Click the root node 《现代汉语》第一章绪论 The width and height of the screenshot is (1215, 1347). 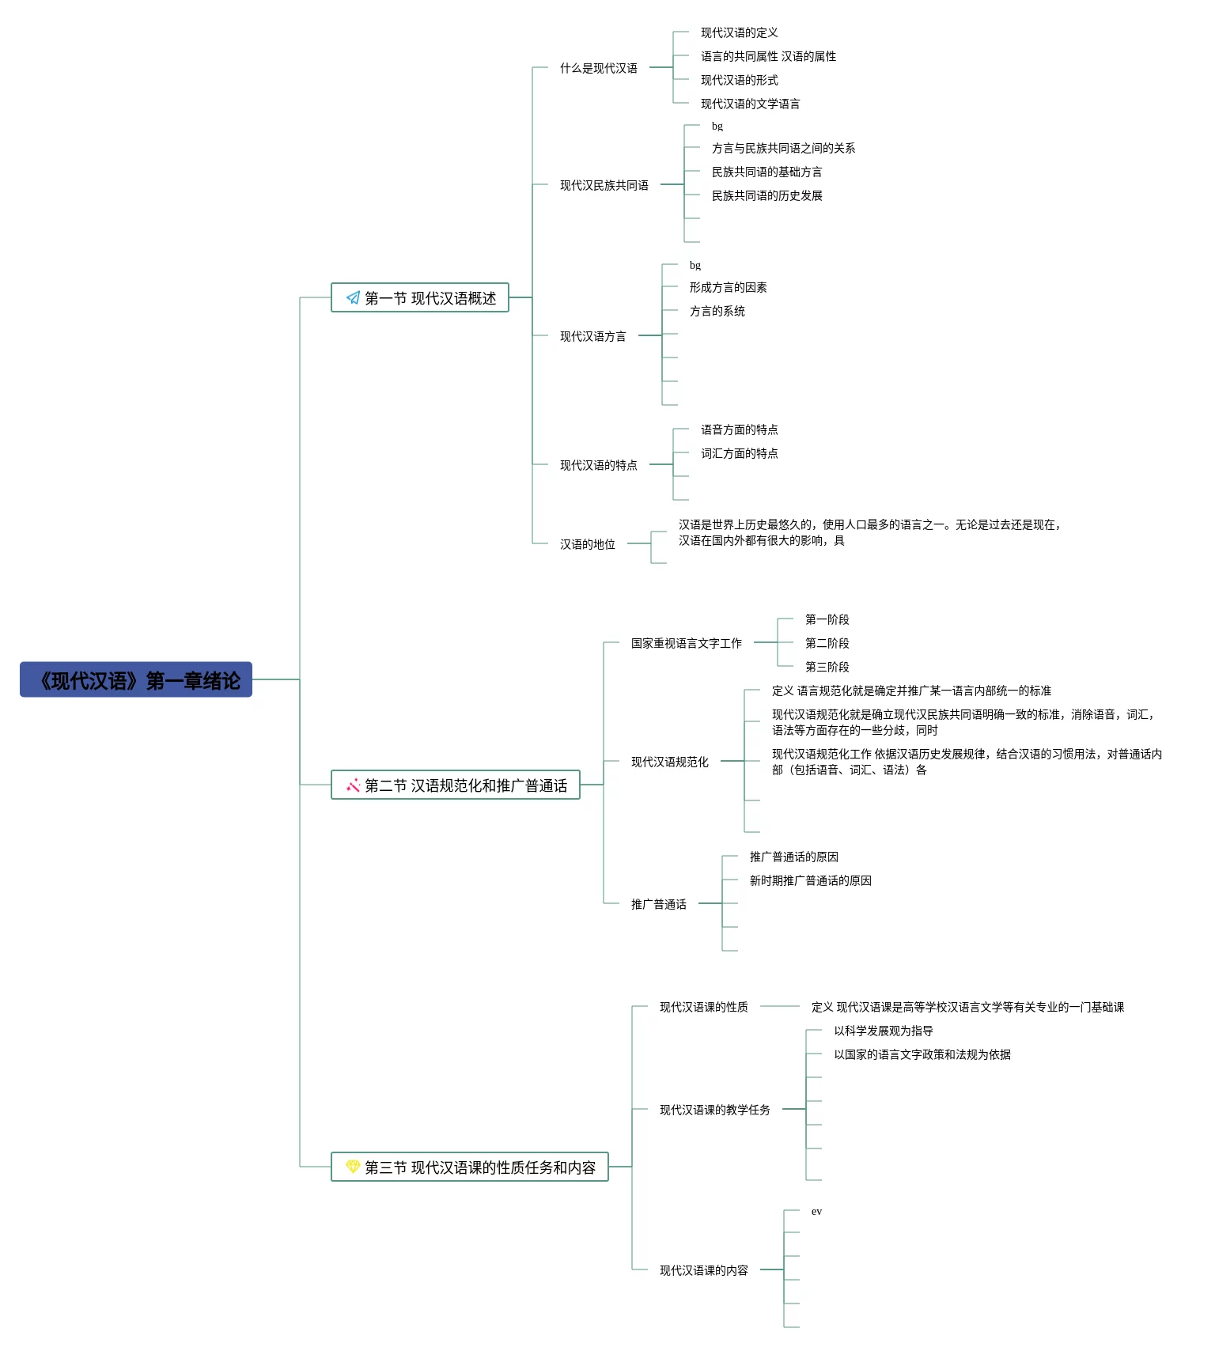(x=136, y=679)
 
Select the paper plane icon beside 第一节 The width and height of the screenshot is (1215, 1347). (x=353, y=298)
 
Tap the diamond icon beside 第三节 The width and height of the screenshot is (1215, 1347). (x=353, y=1167)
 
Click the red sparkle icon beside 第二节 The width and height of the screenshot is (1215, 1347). (x=353, y=785)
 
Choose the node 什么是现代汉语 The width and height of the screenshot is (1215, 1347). (x=599, y=68)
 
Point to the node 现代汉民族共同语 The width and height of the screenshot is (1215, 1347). (x=604, y=185)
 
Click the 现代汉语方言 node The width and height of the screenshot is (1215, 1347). (x=593, y=336)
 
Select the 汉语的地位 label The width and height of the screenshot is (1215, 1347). (x=588, y=544)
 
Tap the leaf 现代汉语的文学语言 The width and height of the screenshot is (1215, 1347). (x=750, y=104)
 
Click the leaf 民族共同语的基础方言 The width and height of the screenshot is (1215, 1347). (x=766, y=172)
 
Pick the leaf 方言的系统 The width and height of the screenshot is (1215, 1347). (x=717, y=311)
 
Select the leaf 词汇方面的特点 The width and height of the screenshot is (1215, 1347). (x=739, y=453)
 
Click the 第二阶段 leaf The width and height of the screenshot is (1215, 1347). (x=827, y=643)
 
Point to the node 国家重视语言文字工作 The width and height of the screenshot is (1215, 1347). (x=687, y=643)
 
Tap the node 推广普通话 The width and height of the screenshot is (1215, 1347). (x=659, y=904)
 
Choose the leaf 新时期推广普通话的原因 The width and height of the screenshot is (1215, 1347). (x=810, y=880)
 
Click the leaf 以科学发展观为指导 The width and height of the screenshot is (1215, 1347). (x=883, y=1031)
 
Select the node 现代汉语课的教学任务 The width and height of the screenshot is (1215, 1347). (x=715, y=1110)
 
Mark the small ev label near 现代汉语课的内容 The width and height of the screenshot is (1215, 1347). (x=816, y=1211)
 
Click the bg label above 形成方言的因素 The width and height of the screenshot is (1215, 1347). (x=695, y=265)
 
